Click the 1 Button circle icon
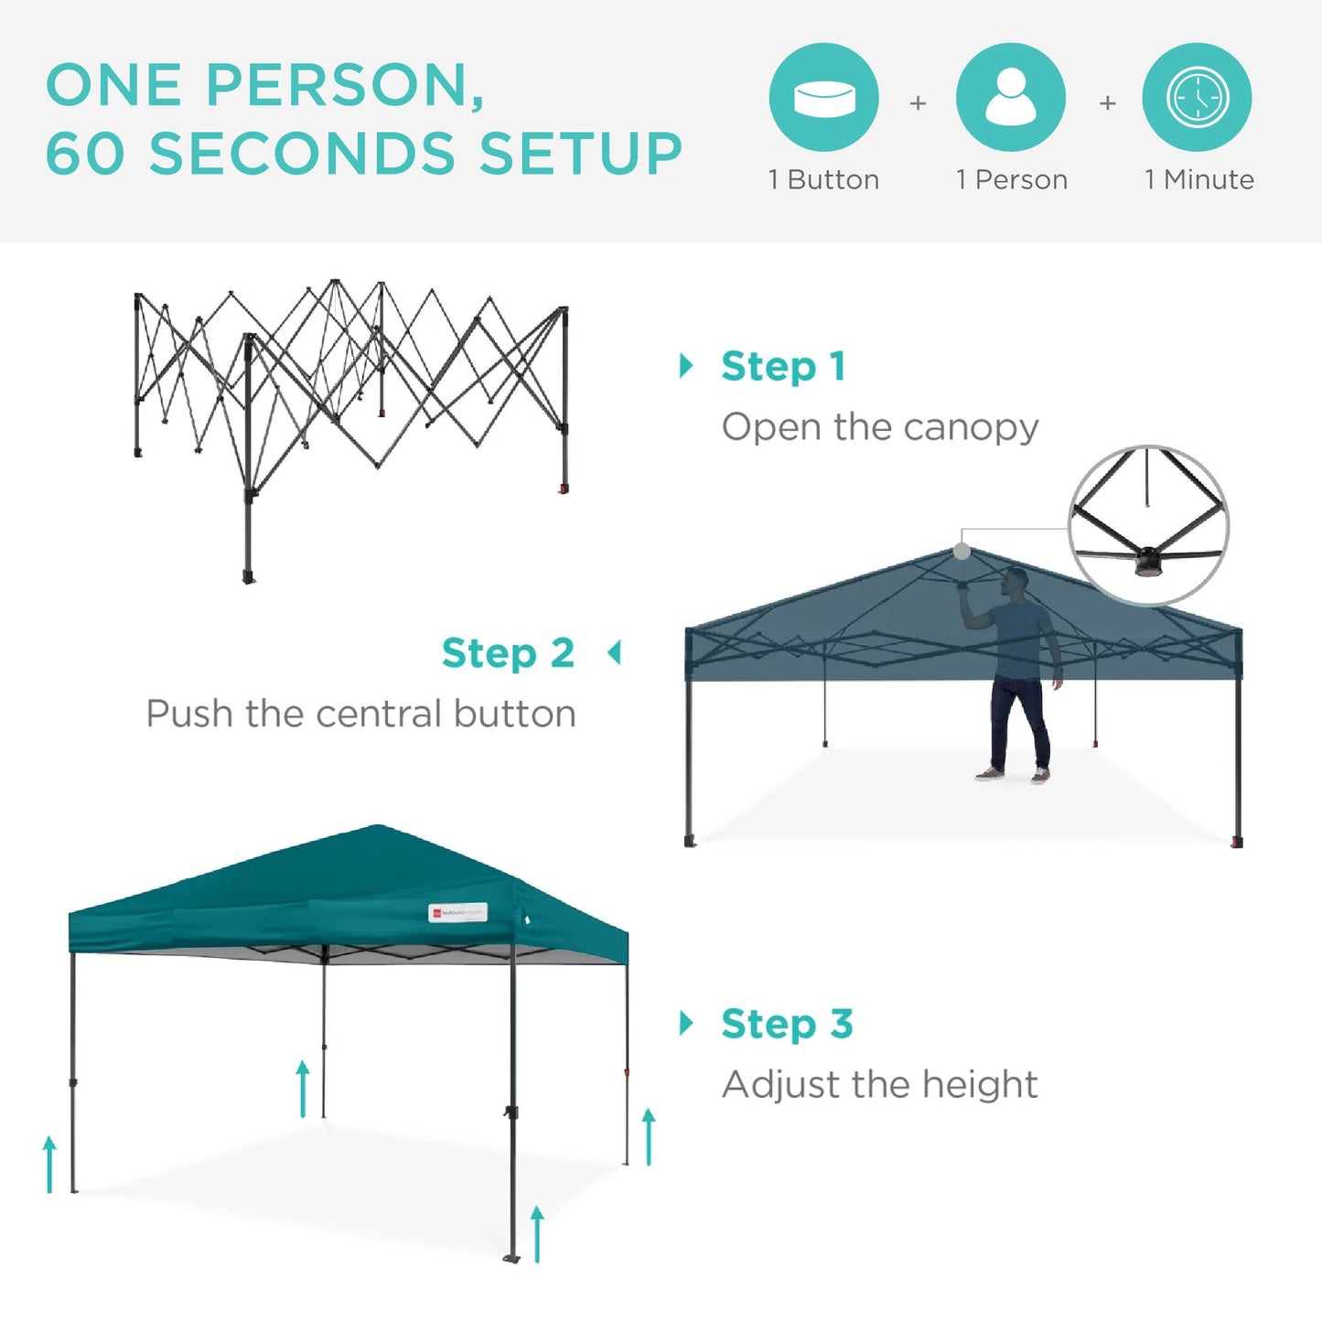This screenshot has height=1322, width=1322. point(823,97)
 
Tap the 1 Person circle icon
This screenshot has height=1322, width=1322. point(1010,97)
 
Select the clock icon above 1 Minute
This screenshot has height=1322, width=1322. point(1197,97)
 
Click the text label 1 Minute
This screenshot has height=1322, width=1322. point(1198,179)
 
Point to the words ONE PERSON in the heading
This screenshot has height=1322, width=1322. point(264,85)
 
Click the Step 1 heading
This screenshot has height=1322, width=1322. point(783,367)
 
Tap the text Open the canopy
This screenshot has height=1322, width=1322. point(879,427)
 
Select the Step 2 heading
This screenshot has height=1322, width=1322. point(508,653)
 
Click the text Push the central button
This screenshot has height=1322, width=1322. point(361,714)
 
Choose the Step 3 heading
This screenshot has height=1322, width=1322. point(787,1024)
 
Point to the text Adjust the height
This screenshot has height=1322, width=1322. point(879,1085)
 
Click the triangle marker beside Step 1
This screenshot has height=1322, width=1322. point(686,366)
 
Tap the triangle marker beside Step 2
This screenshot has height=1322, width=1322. point(615,653)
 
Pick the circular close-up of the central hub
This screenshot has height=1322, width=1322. point(1148,525)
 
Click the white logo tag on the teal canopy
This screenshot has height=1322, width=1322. point(458,912)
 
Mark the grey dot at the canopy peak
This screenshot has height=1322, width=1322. point(962,551)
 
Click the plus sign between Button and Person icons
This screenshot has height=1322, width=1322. point(918,103)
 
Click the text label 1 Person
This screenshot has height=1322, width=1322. point(1012,179)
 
